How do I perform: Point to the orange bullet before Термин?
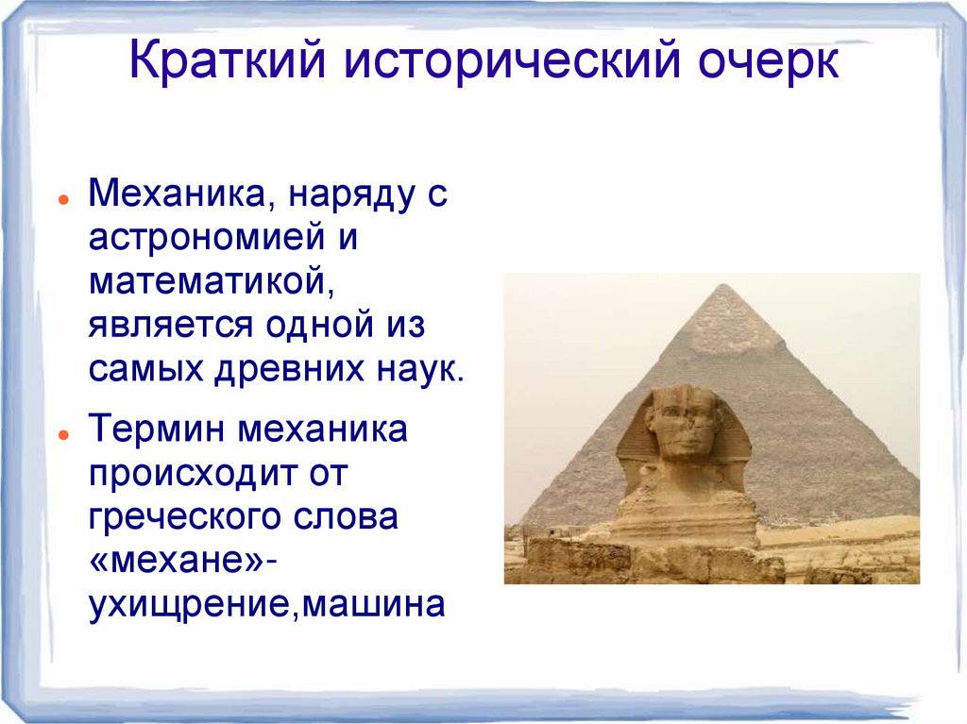(x=60, y=436)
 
